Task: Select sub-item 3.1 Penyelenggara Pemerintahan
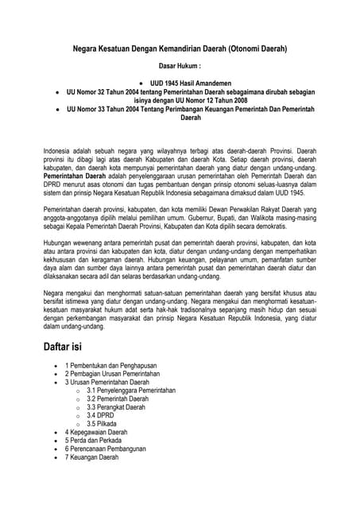(131, 391)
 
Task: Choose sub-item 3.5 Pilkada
(103, 424)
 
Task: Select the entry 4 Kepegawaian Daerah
(96, 432)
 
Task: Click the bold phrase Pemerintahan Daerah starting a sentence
(75, 181)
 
